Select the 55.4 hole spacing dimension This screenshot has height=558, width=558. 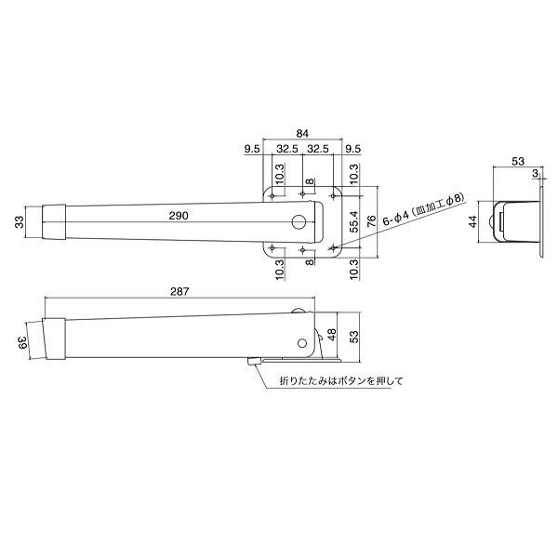(355, 224)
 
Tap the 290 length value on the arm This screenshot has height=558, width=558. (179, 216)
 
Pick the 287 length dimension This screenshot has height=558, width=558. (180, 291)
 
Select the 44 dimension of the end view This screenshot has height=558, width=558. (473, 222)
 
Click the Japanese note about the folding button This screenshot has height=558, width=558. (328, 381)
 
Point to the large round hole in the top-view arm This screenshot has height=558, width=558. (299, 222)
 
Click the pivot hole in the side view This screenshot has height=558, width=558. (302, 341)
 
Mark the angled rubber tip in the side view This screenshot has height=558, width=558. (55, 339)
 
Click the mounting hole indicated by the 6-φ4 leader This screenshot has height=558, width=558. (333, 248)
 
